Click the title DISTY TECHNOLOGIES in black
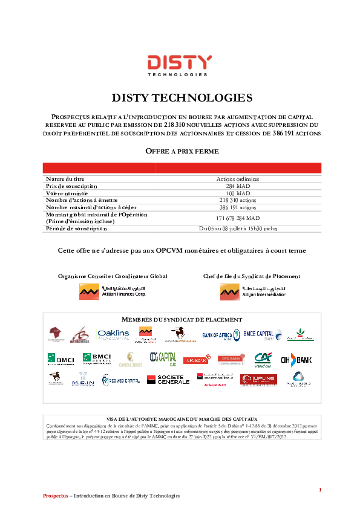pos(182,98)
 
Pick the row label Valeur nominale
pos(67,193)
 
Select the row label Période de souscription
pos(76,229)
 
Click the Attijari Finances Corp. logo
pos(113,292)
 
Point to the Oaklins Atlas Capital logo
pos(113,334)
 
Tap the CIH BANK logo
pos(296,360)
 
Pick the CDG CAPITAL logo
pos(163,359)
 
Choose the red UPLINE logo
pos(258,380)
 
